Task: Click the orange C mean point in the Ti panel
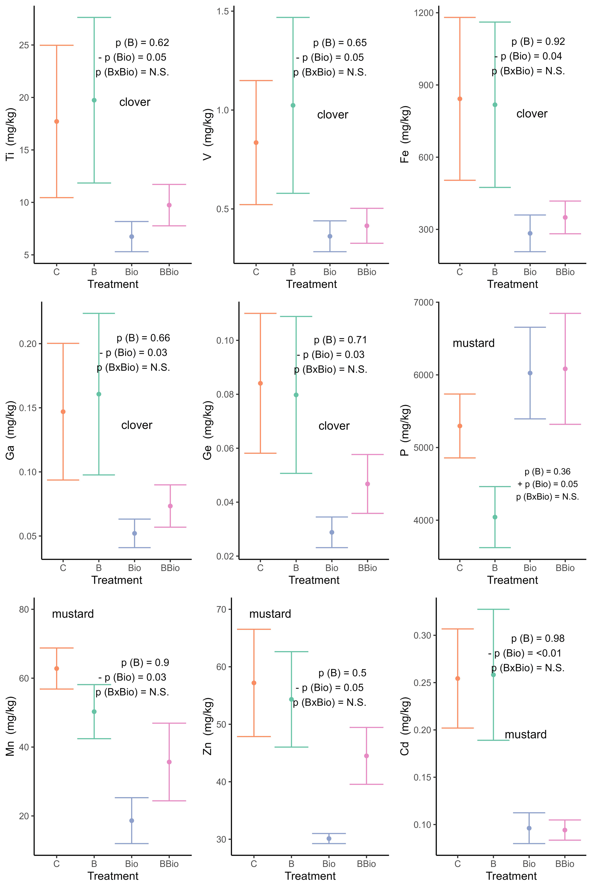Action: coord(57,121)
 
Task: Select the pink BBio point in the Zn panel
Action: coord(366,756)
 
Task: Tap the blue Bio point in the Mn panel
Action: coord(132,821)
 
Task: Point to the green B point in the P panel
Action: coord(495,517)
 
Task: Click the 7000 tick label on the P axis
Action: coord(424,302)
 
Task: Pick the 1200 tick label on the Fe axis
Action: coord(424,13)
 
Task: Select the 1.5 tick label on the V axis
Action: coord(223,11)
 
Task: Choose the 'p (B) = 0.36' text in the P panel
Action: coord(547,472)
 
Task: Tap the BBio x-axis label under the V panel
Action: coord(367,272)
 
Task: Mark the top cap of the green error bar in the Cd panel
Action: coord(493,609)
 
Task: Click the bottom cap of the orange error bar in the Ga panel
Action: coord(63,480)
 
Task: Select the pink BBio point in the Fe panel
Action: coord(565,217)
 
